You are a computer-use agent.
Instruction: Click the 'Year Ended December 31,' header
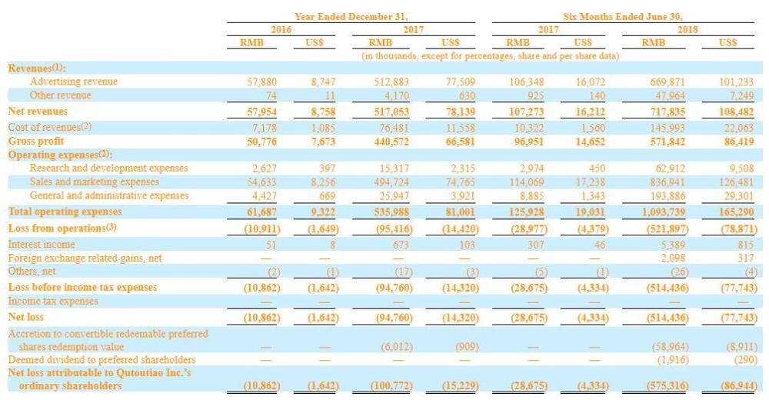coord(351,17)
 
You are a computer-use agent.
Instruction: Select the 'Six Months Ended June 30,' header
coord(622,17)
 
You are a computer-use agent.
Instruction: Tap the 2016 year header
coord(281,29)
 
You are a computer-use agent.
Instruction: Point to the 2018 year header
coord(687,29)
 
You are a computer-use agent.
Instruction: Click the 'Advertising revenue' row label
coord(74,82)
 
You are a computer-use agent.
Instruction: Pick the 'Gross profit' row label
coord(36,142)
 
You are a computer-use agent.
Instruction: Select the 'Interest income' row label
coord(42,245)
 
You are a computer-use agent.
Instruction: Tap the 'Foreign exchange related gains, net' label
coord(85,258)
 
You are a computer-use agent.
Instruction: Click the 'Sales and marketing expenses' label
coord(94,182)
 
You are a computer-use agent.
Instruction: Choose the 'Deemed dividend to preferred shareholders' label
coord(102,360)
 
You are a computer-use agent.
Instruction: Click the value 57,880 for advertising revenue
coord(262,82)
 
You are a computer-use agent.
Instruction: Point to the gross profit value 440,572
coord(391,142)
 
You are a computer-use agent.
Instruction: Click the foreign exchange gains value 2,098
coord(673,258)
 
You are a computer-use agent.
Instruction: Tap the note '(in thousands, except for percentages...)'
coord(491,56)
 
